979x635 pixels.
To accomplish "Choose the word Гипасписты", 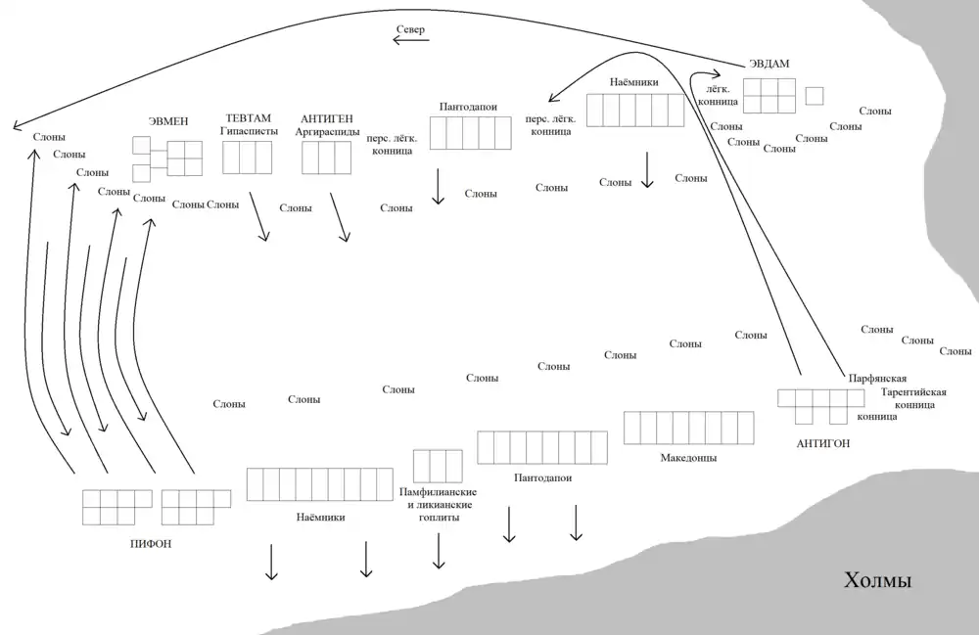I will [250, 131].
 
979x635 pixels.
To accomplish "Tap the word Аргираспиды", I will [328, 131].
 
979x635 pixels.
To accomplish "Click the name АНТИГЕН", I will [328, 117].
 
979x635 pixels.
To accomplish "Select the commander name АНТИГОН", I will [823, 443].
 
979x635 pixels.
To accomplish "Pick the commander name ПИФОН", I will [151, 542].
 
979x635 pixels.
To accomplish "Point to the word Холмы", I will [878, 582].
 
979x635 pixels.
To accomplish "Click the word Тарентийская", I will [913, 392].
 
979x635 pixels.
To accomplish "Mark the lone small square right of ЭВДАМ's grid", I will [814, 96].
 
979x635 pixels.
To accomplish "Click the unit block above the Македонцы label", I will [689, 428].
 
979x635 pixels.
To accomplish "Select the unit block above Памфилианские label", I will [438, 465].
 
